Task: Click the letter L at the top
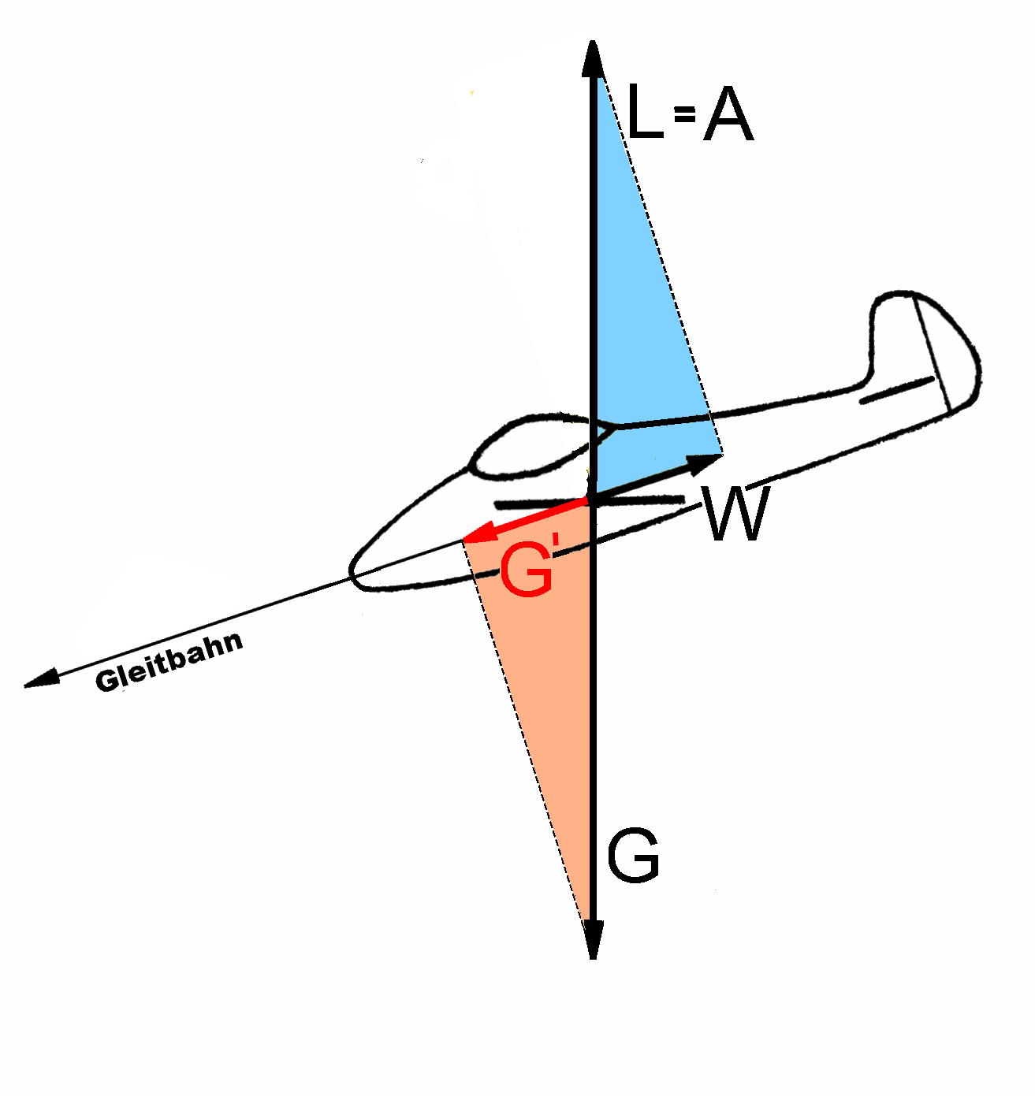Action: point(645,111)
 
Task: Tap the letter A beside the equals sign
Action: point(728,113)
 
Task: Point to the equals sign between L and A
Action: point(683,114)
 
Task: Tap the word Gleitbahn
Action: point(169,662)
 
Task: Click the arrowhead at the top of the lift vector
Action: point(593,58)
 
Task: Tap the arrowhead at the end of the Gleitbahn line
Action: point(42,678)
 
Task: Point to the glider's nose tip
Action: point(352,571)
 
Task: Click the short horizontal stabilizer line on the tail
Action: point(897,390)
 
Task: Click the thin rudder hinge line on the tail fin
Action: point(933,355)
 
